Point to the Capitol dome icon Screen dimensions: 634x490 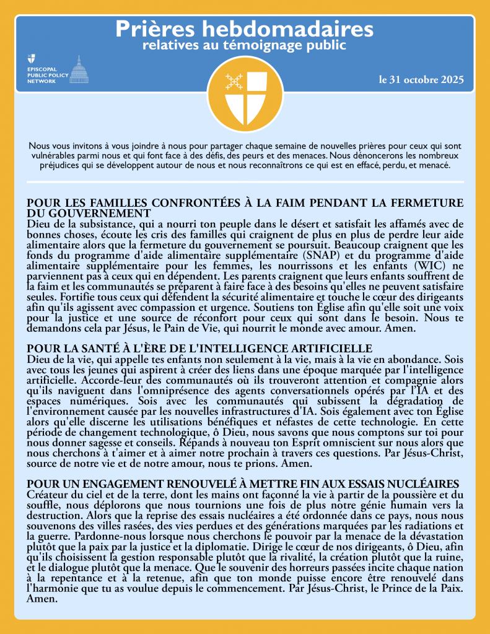tap(78, 69)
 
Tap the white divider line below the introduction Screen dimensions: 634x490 tap(245, 182)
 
